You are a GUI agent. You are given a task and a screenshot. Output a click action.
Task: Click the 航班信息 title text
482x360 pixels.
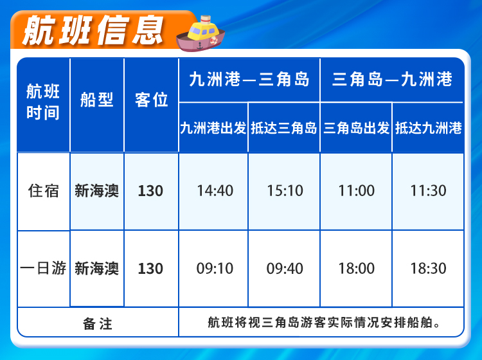point(93,30)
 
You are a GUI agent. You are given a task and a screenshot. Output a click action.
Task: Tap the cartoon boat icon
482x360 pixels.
point(201,34)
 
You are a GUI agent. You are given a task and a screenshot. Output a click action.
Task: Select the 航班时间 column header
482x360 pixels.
point(43,102)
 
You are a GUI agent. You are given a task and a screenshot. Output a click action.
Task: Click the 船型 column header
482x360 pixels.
point(97,100)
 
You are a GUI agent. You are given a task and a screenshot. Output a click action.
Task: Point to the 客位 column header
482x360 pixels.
point(151,100)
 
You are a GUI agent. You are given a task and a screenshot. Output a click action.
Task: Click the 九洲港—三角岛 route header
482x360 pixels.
point(249,79)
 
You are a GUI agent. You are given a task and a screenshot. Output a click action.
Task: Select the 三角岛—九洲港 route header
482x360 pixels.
point(392,79)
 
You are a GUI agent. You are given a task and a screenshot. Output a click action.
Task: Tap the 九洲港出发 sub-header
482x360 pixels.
point(213,128)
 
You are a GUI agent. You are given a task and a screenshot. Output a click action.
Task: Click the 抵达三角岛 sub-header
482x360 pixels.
point(283,128)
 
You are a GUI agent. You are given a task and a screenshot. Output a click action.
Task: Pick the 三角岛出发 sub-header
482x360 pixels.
point(356,128)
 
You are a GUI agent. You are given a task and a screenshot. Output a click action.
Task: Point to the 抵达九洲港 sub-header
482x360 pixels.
point(429,128)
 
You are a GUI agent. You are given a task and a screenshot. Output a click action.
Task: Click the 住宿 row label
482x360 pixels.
point(43,191)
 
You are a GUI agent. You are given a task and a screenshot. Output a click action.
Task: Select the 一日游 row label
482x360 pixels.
point(43,268)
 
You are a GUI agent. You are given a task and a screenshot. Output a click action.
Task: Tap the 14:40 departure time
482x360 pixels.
point(215,190)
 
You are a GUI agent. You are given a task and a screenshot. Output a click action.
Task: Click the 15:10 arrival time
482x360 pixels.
point(285,190)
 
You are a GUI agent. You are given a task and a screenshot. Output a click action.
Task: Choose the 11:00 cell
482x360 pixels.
point(357,190)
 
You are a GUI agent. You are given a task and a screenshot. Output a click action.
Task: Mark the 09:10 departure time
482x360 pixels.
point(215,268)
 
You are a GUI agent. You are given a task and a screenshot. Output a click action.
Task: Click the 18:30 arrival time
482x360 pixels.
point(429,268)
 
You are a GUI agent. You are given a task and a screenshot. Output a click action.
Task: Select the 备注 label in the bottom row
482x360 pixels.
point(98,324)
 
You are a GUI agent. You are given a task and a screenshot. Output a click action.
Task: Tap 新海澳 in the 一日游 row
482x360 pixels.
point(97,268)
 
